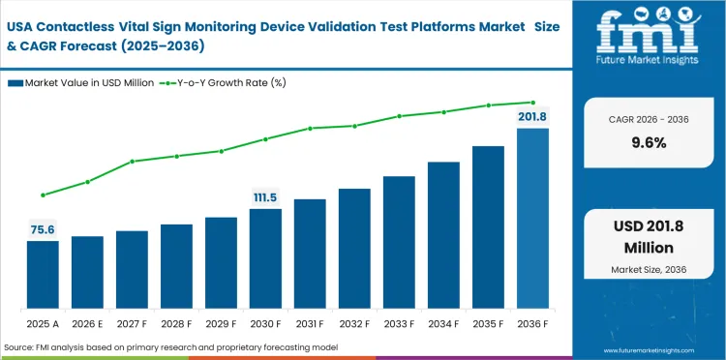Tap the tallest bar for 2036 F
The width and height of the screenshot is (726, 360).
[532, 218]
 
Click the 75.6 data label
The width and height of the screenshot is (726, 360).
[43, 229]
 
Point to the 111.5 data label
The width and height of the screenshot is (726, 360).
[265, 197]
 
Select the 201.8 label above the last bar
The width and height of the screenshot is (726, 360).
[532, 117]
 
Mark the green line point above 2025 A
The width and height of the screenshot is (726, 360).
[43, 195]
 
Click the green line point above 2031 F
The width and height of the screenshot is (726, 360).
[310, 128]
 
